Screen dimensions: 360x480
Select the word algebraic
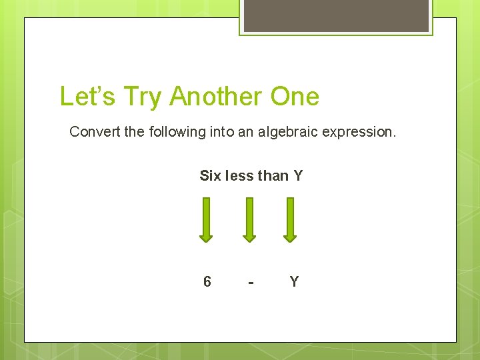tap(287, 132)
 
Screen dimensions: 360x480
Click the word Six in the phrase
tap(210, 176)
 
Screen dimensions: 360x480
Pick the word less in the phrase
tap(239, 176)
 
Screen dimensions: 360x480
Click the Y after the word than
tap(298, 176)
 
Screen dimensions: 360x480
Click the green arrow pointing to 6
tap(207, 219)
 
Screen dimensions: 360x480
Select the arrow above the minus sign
tap(249, 219)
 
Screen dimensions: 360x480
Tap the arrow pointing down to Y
tap(290, 219)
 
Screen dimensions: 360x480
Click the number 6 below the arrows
tap(207, 282)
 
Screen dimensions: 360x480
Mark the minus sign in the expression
tap(250, 283)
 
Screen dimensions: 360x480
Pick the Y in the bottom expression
tap(294, 282)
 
